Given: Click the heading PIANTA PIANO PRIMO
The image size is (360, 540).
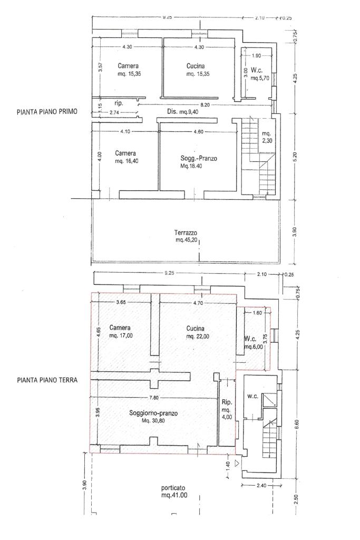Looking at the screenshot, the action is pos(47,112).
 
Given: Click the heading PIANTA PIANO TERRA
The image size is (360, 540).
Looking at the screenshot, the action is pos(47,380).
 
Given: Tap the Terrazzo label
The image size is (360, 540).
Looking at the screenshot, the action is pos(186,233).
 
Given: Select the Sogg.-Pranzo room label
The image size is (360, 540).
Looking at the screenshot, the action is pos(199,158).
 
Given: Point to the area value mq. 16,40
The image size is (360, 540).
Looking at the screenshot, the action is pos(127,161).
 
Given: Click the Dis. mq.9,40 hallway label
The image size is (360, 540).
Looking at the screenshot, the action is pos(183,112).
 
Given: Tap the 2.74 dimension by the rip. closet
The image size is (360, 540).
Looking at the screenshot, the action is pos(114,112).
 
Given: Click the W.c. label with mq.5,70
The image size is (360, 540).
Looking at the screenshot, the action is pos(259,74).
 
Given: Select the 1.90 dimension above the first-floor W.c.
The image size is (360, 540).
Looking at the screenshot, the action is pos(256,55).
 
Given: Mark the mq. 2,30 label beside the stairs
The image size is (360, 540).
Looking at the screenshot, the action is pos(266,137).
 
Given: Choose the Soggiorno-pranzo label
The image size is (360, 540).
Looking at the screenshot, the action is pos(153,413).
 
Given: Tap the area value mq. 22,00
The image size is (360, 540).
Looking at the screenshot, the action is pos(198,336).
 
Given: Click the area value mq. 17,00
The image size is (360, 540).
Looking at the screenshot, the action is pos(121,336).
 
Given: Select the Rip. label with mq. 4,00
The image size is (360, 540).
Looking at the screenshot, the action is pos(227,409).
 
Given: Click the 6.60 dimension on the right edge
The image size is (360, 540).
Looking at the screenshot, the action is pos(298,422).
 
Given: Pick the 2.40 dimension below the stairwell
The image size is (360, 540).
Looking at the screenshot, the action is pos(261,486).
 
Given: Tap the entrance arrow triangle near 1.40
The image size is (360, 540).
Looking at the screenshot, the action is pos(237,463).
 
